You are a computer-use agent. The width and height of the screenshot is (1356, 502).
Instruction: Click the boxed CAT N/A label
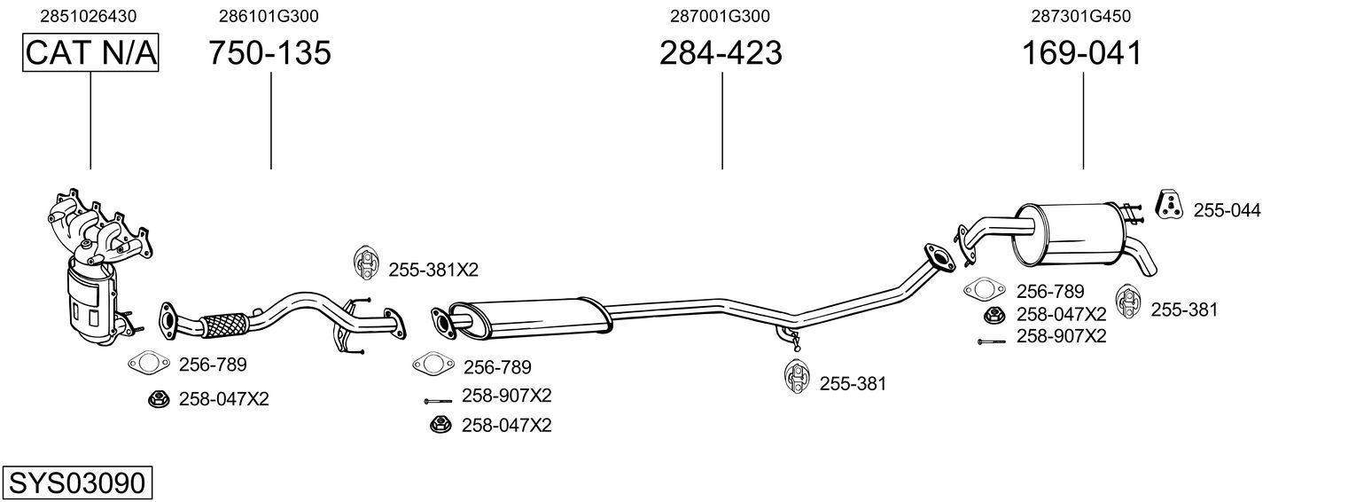(90, 54)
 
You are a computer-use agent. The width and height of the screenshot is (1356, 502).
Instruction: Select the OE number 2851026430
(89, 16)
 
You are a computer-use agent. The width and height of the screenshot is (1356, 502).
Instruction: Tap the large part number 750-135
(269, 54)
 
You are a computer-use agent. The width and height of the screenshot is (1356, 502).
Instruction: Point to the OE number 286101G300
(269, 16)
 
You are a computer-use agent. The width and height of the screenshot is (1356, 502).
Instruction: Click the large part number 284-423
(721, 54)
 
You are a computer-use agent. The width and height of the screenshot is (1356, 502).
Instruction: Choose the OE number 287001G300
(720, 16)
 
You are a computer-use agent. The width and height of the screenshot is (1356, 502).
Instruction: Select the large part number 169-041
(1082, 54)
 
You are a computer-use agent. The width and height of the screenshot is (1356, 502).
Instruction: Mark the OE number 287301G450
(1080, 16)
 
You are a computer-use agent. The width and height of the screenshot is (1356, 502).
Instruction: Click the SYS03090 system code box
(77, 483)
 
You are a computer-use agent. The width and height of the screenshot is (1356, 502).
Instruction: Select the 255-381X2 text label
(426, 270)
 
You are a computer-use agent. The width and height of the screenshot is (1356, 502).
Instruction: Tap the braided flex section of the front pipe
(224, 324)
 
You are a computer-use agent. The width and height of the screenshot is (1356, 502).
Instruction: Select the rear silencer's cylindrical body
(1067, 235)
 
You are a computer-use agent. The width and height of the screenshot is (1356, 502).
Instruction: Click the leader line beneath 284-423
(722, 120)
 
